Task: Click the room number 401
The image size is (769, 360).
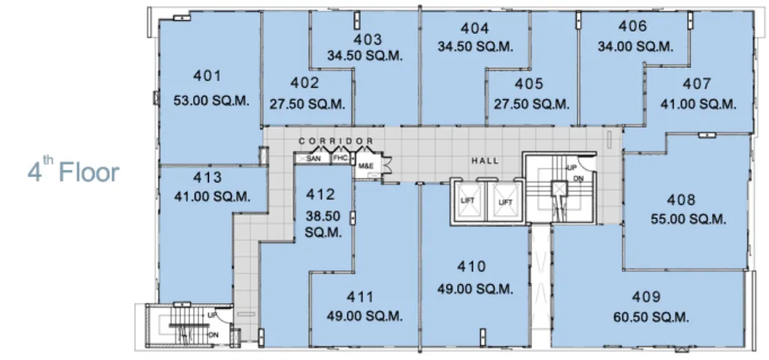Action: (x=207, y=76)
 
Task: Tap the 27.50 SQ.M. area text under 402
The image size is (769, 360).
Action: (x=307, y=104)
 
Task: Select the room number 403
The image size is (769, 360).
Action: (x=367, y=39)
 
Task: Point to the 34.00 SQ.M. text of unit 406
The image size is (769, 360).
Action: (x=635, y=47)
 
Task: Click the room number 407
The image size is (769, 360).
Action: (x=696, y=84)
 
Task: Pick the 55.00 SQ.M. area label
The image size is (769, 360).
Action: (x=688, y=219)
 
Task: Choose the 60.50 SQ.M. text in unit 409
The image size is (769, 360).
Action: (x=651, y=317)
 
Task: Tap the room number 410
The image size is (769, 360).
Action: (x=471, y=266)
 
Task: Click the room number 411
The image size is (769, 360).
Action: (x=360, y=297)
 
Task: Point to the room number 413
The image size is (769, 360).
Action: (x=207, y=177)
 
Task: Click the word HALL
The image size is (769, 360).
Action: (x=485, y=160)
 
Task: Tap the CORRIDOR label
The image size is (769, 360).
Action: (x=336, y=141)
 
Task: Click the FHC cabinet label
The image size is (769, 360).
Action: (x=341, y=159)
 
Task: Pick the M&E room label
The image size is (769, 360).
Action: (x=366, y=166)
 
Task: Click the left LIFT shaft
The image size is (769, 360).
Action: (x=468, y=201)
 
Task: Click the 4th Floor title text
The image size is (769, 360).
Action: (x=74, y=171)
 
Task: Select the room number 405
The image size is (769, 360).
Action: (x=528, y=84)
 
